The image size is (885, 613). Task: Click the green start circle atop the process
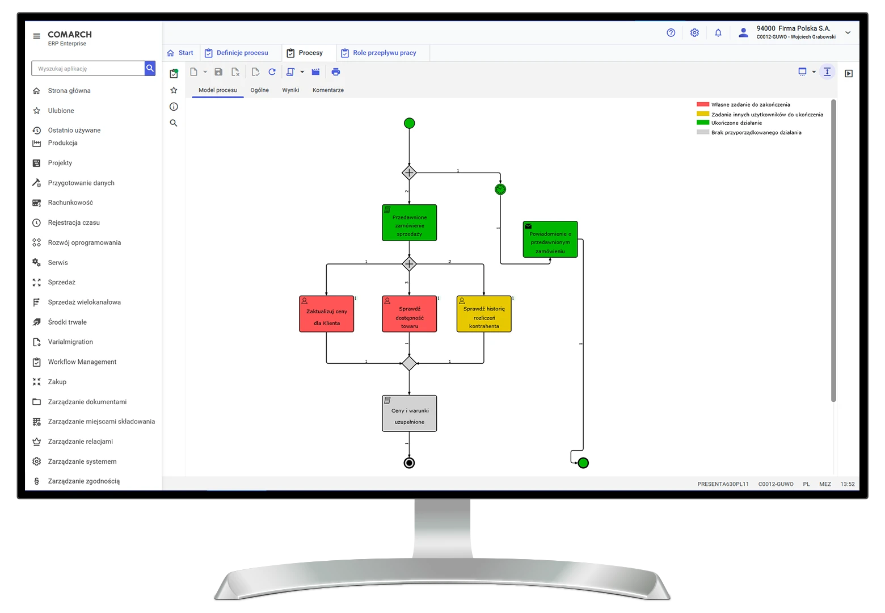click(410, 123)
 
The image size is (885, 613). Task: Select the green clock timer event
click(500, 190)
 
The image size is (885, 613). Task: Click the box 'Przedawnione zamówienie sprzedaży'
click(410, 222)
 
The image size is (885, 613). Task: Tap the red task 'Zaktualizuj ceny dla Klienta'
click(326, 314)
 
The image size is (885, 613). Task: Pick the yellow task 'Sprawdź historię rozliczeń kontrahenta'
click(484, 314)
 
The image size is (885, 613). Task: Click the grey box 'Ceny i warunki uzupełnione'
click(410, 413)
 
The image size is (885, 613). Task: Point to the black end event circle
click(410, 463)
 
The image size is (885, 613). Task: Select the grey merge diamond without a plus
click(410, 363)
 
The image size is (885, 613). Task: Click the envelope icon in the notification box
click(528, 226)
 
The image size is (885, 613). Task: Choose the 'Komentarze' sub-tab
click(328, 90)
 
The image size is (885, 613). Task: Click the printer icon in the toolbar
click(335, 72)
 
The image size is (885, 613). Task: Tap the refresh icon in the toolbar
click(272, 72)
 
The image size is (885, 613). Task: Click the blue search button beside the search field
click(150, 68)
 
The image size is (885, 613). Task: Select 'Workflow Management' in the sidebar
click(82, 362)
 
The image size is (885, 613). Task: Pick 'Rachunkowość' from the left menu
click(70, 203)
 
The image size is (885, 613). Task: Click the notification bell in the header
click(718, 33)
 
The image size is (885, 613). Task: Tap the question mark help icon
click(671, 33)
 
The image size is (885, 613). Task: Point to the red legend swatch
click(703, 104)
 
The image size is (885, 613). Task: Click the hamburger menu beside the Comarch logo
click(36, 36)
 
